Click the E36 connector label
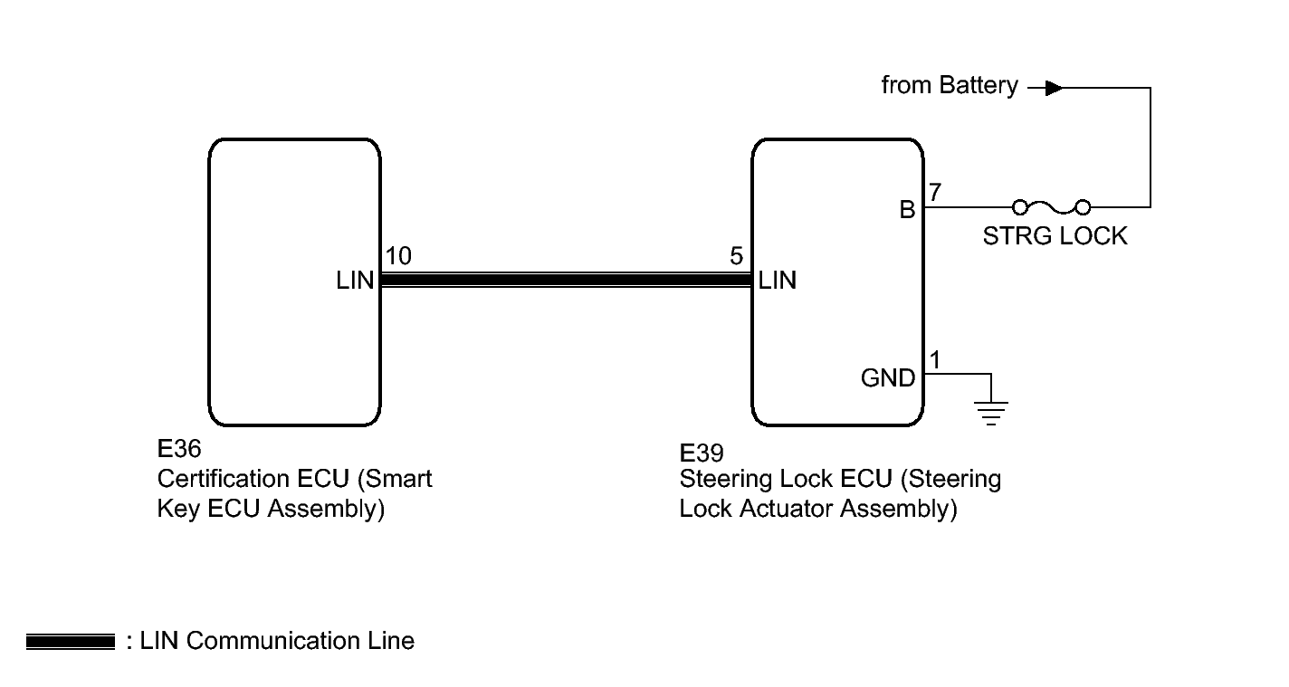click(179, 449)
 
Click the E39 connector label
click(701, 453)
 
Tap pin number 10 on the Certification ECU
click(398, 256)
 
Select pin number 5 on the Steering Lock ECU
click(737, 256)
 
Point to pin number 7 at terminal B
click(935, 192)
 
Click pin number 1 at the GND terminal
click(935, 360)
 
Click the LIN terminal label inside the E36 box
click(355, 281)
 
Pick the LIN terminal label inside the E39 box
click(778, 281)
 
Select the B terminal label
click(908, 210)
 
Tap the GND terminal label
click(888, 378)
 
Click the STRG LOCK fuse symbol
click(1051, 206)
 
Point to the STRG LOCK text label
click(1055, 236)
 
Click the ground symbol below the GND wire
click(991, 413)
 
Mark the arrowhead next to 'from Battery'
click(1055, 88)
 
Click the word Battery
click(979, 86)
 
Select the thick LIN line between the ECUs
click(567, 281)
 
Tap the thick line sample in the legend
click(71, 642)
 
